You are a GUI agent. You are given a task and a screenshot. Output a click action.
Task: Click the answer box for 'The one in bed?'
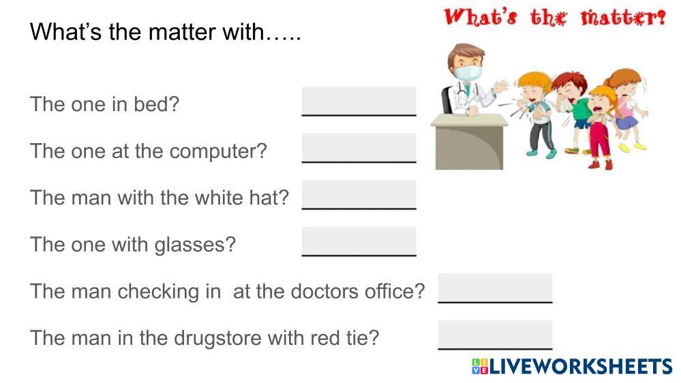point(359,101)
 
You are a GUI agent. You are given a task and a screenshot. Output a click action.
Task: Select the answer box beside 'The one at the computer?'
point(359,148)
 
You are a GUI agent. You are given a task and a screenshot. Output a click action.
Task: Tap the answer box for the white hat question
point(359,194)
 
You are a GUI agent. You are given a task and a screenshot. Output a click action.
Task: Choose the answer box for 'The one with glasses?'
point(359,241)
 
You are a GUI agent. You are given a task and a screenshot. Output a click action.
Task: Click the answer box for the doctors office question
point(495,288)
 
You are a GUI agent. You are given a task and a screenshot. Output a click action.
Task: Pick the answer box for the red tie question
point(495,335)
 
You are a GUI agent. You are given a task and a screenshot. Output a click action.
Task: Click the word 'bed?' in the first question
point(156,104)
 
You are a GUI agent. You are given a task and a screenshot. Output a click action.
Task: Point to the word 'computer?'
point(218,152)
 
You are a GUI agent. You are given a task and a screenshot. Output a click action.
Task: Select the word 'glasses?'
point(195,245)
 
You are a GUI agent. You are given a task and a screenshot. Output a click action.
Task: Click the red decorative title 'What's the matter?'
point(555,17)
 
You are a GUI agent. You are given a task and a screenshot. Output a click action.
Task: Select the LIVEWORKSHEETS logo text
point(573,367)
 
